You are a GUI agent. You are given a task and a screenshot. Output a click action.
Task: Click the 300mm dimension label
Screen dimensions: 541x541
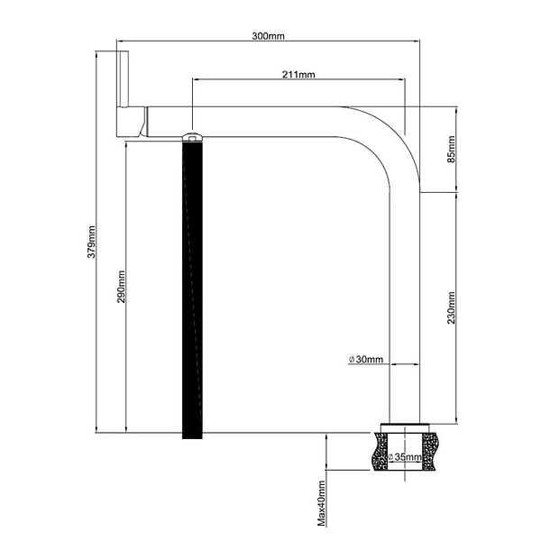(268, 36)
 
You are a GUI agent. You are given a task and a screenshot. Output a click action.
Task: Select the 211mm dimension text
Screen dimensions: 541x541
(298, 75)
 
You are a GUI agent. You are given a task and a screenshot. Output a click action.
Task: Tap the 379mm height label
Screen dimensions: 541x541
(91, 242)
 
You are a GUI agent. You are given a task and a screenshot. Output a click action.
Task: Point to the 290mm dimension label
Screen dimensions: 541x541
(122, 287)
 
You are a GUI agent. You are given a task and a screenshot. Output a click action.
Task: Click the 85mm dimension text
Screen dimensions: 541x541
(452, 150)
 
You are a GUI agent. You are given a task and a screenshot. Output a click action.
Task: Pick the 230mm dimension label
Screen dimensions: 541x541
(452, 308)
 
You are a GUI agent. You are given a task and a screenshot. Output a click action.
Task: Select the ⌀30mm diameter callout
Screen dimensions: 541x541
(366, 360)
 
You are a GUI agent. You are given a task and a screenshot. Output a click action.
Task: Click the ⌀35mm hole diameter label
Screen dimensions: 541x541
(405, 457)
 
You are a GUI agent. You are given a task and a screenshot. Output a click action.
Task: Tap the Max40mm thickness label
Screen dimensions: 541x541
(322, 503)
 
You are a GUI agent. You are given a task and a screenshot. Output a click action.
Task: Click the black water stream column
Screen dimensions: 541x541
(192, 289)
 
